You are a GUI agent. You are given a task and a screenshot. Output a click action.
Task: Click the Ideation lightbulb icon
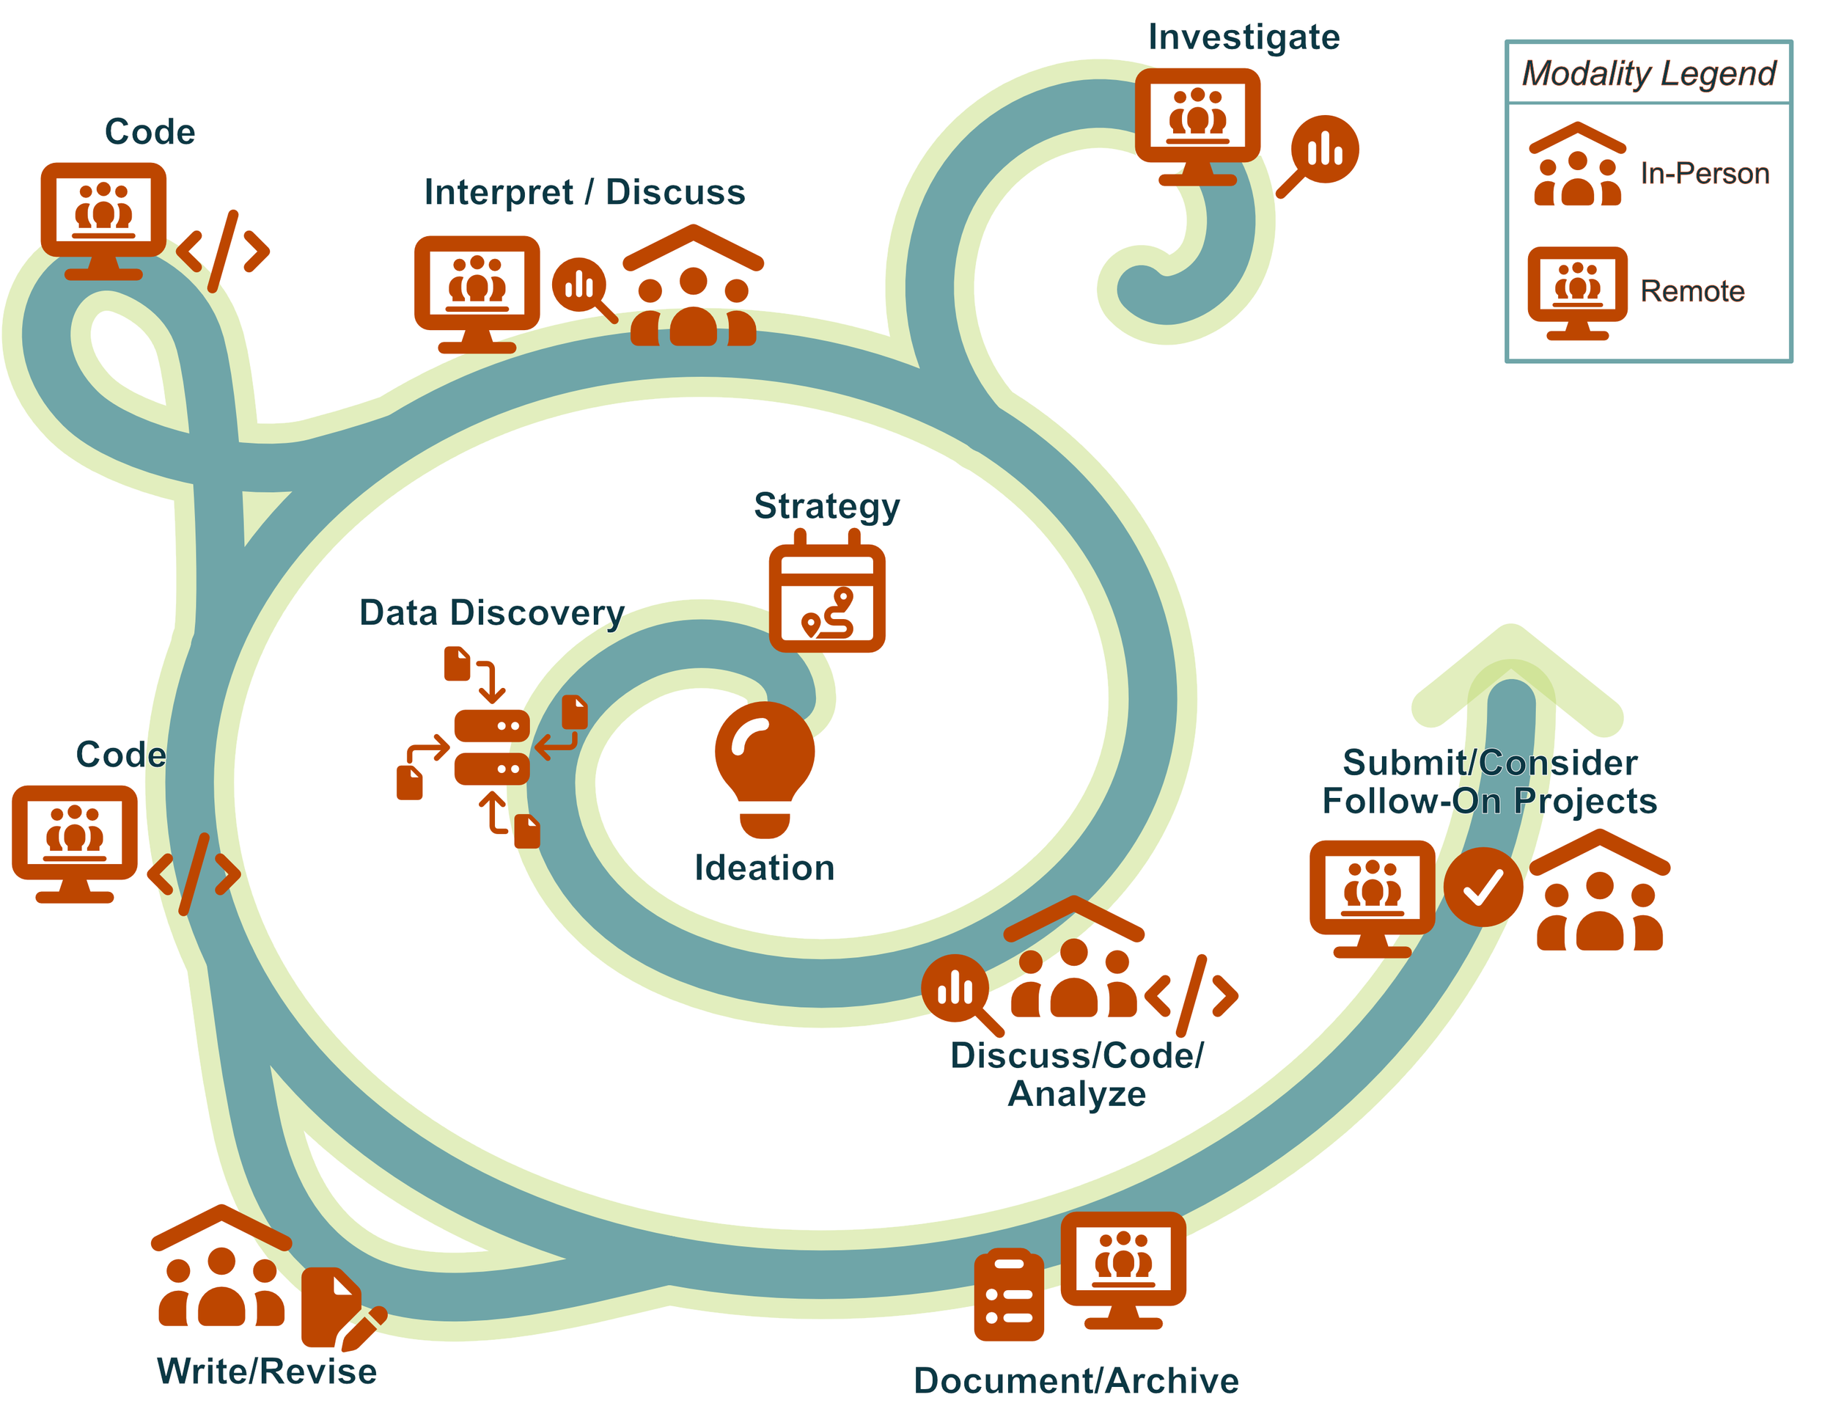(x=764, y=769)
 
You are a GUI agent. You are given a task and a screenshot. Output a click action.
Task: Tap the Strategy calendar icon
(x=827, y=591)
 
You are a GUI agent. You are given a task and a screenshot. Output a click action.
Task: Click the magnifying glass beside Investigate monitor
(x=1319, y=156)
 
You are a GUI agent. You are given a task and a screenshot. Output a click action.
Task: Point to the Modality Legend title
(x=1648, y=73)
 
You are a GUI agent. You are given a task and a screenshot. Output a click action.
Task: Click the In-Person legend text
(x=1705, y=173)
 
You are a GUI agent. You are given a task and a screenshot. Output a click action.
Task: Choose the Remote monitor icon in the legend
(x=1577, y=293)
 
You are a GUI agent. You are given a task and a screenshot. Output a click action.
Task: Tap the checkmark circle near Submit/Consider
(x=1483, y=887)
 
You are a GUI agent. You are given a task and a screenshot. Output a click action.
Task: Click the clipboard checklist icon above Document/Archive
(x=1009, y=1294)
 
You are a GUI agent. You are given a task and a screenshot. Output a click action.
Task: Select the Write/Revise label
(x=267, y=1372)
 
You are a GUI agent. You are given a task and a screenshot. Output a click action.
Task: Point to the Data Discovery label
(x=492, y=614)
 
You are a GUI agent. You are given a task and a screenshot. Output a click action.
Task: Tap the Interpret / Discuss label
(x=584, y=192)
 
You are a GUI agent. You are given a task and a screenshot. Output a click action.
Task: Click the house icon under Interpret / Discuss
(x=694, y=285)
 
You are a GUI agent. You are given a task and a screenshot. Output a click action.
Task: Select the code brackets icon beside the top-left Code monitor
(x=223, y=251)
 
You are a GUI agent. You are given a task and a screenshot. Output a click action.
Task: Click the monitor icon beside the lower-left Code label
(x=75, y=843)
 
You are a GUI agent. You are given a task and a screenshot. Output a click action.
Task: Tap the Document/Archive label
(x=1076, y=1381)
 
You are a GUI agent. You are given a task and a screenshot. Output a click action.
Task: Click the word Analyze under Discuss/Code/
(x=1077, y=1094)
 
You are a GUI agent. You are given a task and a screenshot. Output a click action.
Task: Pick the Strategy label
(x=827, y=507)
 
